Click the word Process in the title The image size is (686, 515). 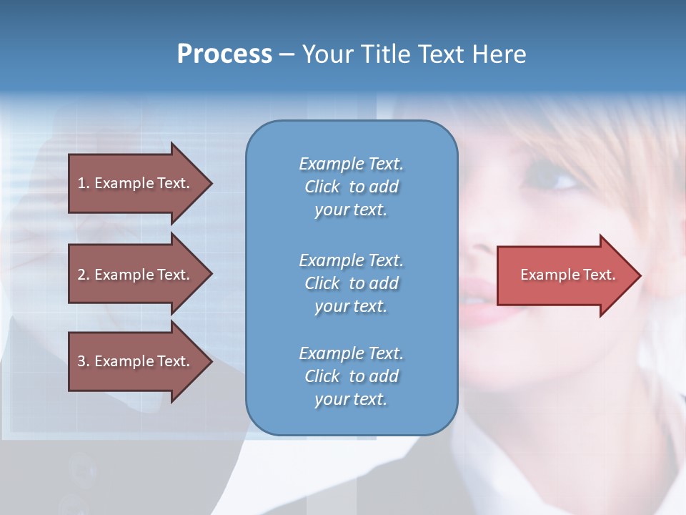(224, 54)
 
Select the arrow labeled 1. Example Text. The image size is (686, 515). (136, 183)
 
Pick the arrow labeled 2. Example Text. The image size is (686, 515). (136, 275)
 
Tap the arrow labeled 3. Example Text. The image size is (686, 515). (136, 361)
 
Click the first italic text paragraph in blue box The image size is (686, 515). (351, 187)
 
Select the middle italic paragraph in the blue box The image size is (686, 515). (351, 283)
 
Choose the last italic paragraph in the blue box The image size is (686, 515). (351, 376)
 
